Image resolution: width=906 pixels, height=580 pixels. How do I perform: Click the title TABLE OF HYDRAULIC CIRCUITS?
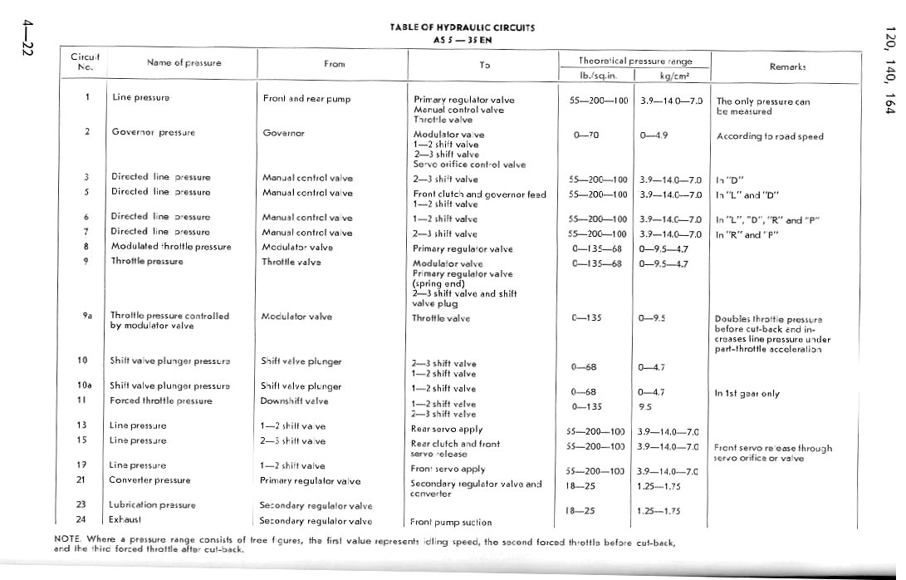click(462, 27)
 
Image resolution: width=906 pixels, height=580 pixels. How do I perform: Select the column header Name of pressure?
click(184, 62)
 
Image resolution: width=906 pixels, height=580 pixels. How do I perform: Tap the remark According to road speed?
click(770, 136)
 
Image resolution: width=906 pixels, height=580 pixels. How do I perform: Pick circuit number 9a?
click(86, 316)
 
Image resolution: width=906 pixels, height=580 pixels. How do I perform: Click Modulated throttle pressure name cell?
click(171, 247)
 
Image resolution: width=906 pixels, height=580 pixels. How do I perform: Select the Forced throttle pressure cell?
click(161, 401)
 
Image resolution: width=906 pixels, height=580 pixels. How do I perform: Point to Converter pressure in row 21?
click(149, 480)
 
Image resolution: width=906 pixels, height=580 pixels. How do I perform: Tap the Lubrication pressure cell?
click(153, 504)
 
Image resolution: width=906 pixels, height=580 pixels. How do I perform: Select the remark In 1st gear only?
click(747, 394)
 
